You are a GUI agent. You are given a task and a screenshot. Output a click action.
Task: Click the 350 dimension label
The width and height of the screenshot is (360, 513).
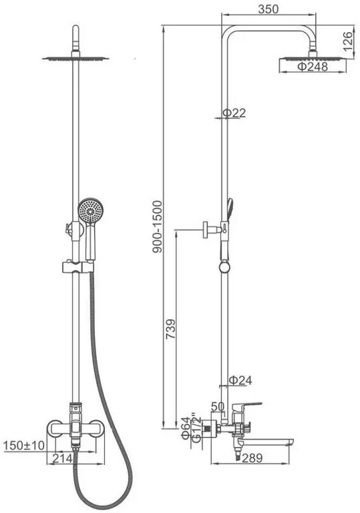(x=268, y=9)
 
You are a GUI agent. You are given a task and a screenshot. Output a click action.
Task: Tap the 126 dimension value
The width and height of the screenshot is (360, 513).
(x=349, y=41)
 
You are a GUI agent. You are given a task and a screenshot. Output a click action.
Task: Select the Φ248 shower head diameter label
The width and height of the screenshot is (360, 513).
(x=312, y=67)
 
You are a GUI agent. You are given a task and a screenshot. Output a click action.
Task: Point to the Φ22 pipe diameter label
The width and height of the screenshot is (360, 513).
(x=234, y=113)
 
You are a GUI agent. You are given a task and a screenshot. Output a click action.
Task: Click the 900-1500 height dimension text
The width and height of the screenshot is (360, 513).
(x=158, y=226)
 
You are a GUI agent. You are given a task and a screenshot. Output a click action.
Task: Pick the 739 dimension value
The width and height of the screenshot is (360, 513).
(x=170, y=329)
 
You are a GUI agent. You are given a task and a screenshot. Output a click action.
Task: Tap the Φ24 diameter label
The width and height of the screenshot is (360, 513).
(x=240, y=380)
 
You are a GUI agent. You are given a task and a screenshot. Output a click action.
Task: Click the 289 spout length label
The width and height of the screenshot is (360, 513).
(x=252, y=458)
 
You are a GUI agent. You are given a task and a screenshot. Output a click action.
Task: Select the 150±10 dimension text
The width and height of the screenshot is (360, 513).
(x=23, y=446)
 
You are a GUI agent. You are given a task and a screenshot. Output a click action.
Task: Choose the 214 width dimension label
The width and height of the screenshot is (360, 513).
(x=62, y=458)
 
